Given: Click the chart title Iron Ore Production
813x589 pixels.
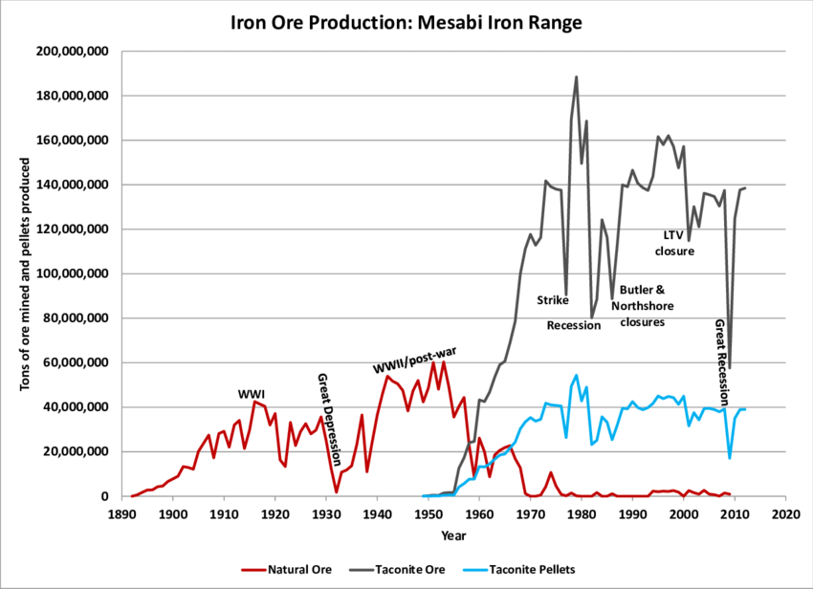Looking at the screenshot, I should pyautogui.click(x=406, y=21).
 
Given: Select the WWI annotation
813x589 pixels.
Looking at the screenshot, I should pyautogui.click(x=252, y=394).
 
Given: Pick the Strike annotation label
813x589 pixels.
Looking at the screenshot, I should pyautogui.click(x=553, y=299).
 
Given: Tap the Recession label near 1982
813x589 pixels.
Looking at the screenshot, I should pyautogui.click(x=574, y=325).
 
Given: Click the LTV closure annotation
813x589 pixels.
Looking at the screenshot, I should pyautogui.click(x=674, y=243).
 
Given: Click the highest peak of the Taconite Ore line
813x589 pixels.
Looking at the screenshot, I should pyautogui.click(x=576, y=76).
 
